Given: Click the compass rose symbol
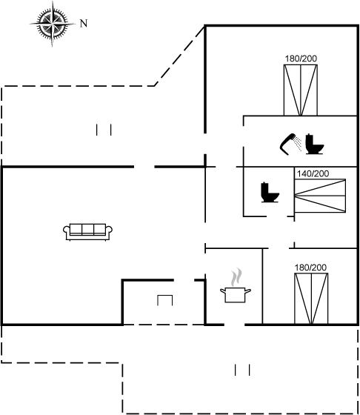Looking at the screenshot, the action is point(53,24).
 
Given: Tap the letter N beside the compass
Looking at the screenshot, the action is point(84,24).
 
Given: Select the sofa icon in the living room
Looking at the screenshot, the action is point(87,232).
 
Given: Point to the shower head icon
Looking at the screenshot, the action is point(287,144).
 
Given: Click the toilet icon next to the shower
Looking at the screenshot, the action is point(315,145).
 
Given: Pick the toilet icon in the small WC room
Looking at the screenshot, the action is point(270,193).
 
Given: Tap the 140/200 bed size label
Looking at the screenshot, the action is point(313,173).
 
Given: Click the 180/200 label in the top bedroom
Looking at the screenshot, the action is point(301,59).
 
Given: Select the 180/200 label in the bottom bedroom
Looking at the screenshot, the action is point(310,268).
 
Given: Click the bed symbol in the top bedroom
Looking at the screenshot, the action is point(301,90).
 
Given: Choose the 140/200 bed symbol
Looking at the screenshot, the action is point(320,196).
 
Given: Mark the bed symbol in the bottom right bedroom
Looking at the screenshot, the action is point(311,299).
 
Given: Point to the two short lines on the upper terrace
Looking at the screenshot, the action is point(104,130).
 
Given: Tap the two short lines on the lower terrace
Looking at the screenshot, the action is point(242,370).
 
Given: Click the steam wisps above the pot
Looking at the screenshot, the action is point(236,277).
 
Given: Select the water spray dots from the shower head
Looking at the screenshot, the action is point(299,144).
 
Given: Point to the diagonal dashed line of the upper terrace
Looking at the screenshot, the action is point(179,56).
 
